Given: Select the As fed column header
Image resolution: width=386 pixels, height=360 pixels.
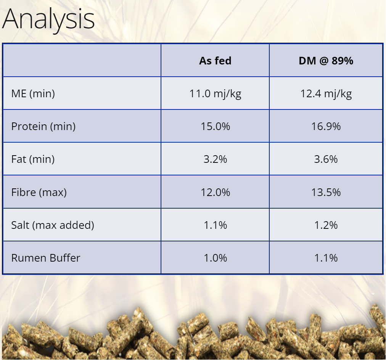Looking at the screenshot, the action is pyautogui.click(x=215, y=61).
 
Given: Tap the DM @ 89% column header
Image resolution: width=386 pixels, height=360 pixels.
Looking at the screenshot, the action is pyautogui.click(x=326, y=61).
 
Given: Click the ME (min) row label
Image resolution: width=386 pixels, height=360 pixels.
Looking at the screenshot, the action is pyautogui.click(x=33, y=94).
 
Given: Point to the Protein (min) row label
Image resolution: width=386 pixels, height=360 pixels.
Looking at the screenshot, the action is pyautogui.click(x=43, y=127).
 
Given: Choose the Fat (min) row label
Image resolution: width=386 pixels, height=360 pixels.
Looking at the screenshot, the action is pyautogui.click(x=33, y=159).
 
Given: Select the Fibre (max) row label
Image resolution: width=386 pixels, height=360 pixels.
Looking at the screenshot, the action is pyautogui.click(x=39, y=192).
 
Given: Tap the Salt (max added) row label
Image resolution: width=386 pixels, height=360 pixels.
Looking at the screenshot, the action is pyautogui.click(x=53, y=225).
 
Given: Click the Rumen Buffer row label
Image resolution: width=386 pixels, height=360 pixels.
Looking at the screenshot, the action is pyautogui.click(x=46, y=258).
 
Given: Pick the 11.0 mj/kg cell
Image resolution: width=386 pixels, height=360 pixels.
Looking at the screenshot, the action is pyautogui.click(x=215, y=94).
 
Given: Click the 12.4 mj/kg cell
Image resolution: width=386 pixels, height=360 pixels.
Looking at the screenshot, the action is pyautogui.click(x=326, y=94).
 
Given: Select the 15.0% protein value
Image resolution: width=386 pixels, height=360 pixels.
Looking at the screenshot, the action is pyautogui.click(x=215, y=127).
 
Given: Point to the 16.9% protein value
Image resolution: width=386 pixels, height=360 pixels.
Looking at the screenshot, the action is pyautogui.click(x=326, y=127).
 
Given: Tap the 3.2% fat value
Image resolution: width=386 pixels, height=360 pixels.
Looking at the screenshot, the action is pyautogui.click(x=215, y=159).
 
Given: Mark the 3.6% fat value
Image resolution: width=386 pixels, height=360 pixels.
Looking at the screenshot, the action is pyautogui.click(x=326, y=159).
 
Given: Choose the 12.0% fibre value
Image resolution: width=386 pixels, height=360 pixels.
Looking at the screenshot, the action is pyautogui.click(x=215, y=192).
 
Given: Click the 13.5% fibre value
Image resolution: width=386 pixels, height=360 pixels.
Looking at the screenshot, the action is pyautogui.click(x=326, y=192).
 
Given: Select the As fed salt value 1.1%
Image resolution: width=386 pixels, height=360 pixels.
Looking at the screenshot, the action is pyautogui.click(x=215, y=225).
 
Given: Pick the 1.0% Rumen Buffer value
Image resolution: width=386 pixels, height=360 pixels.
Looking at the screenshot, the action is pyautogui.click(x=215, y=258).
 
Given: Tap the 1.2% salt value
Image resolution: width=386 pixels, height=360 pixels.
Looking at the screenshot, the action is pyautogui.click(x=326, y=225).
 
